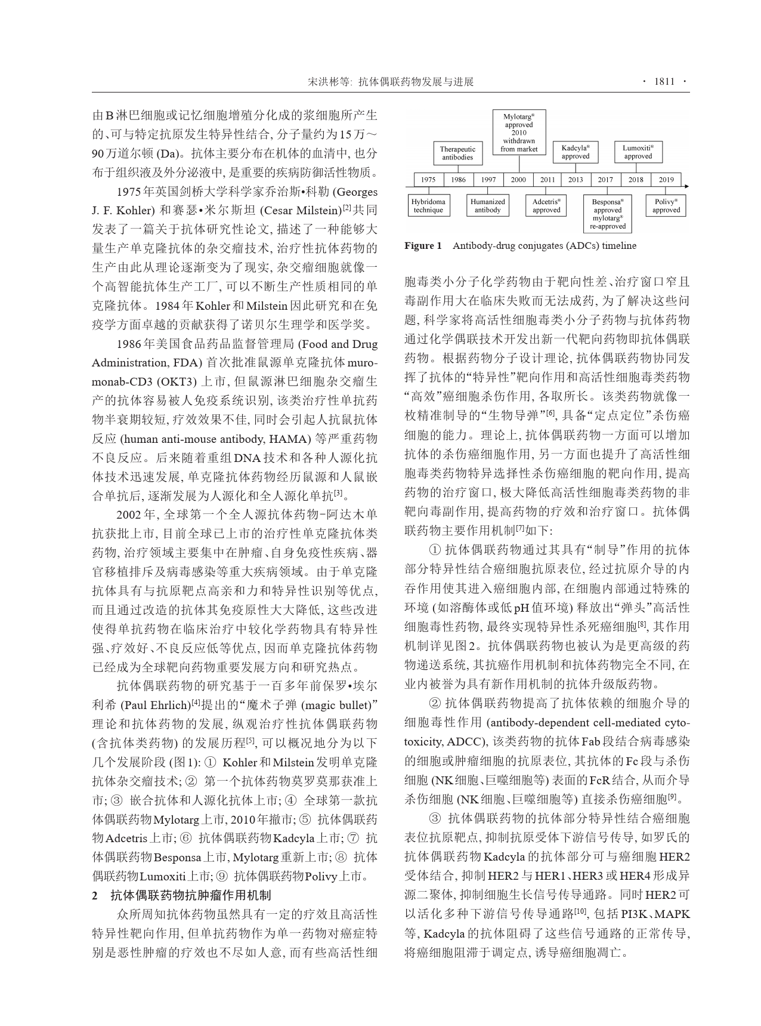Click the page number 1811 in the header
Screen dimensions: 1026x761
[664, 82]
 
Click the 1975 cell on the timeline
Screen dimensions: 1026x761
[428, 180]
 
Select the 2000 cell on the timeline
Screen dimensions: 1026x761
[518, 180]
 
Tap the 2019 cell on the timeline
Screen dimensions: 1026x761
[666, 180]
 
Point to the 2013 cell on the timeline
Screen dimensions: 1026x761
[576, 180]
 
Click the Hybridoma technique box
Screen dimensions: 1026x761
[428, 206]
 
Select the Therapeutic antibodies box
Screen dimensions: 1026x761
[457, 153]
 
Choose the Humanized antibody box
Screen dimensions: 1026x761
[488, 206]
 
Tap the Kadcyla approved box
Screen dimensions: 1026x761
[576, 152]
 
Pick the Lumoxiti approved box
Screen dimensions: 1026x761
[638, 152]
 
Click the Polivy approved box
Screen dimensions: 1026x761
[666, 206]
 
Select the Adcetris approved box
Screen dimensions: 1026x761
[546, 206]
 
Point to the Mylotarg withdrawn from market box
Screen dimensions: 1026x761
[519, 133]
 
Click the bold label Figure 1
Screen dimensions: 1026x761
[423, 246]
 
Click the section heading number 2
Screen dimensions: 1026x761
[95, 896]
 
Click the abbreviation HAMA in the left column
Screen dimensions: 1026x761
[289, 439]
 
